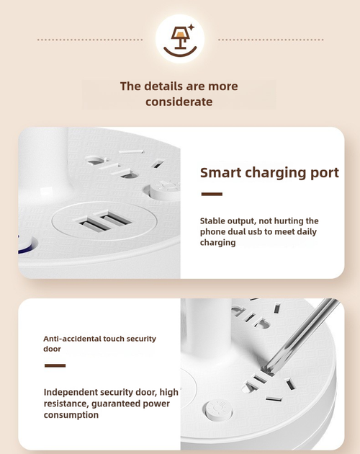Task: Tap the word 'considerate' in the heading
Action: [179, 102]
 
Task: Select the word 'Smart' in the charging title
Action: [220, 173]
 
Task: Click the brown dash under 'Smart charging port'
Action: [211, 194]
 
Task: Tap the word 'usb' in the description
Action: [267, 232]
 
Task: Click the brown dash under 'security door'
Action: [55, 365]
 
